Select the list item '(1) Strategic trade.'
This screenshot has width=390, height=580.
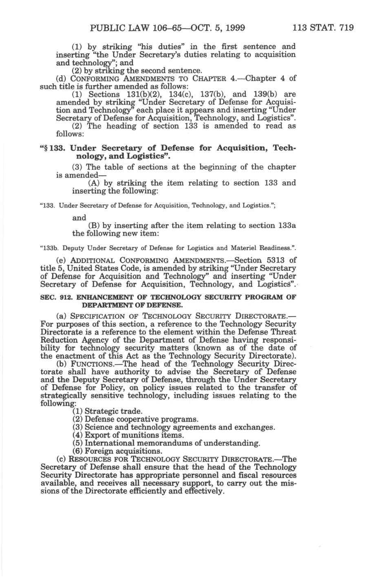[x=107, y=411]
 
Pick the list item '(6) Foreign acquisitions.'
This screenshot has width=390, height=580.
[x=117, y=451]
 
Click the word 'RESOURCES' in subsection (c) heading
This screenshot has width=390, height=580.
[x=98, y=459]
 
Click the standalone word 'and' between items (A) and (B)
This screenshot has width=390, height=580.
[x=79, y=218]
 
